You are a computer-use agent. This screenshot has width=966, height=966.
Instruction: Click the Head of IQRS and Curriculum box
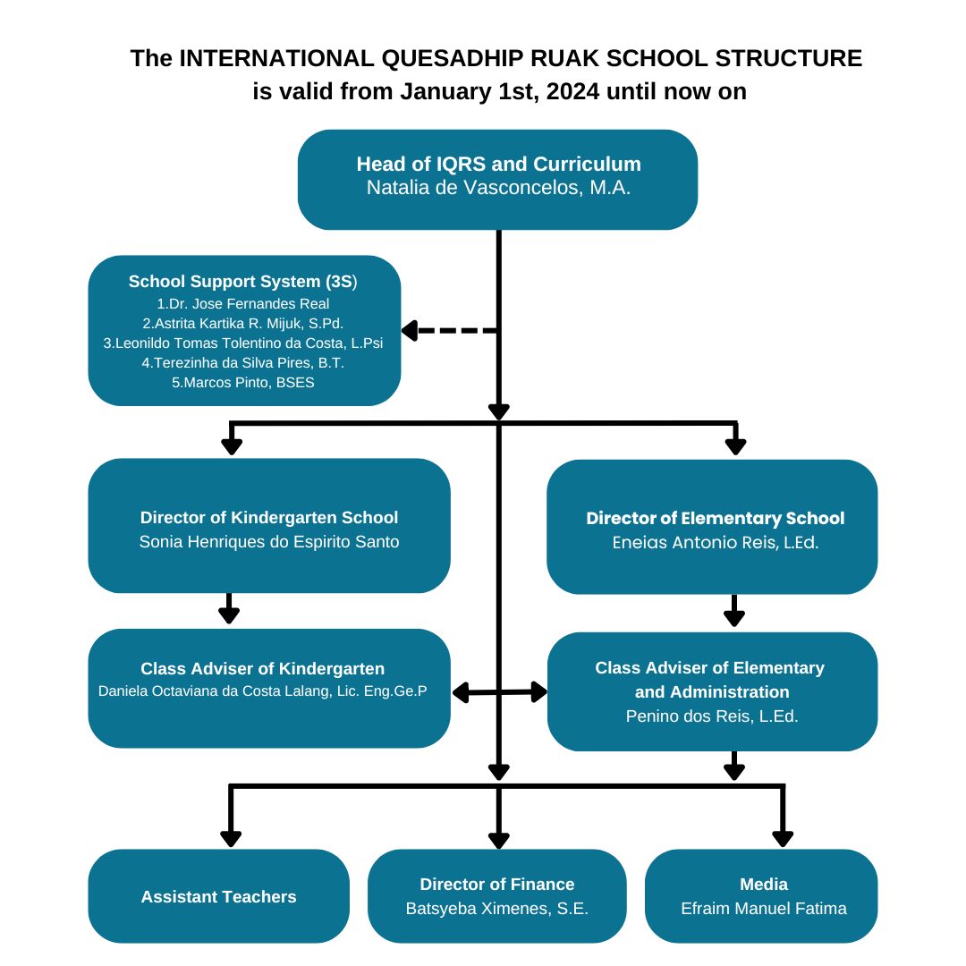pos(497,179)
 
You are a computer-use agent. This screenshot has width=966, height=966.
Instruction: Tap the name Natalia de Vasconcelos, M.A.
pos(498,189)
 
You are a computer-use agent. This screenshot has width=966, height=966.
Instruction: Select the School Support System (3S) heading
pos(243,281)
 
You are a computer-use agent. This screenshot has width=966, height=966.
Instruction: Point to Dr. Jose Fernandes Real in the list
pos(243,303)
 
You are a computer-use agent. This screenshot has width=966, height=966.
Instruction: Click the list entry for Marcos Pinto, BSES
pos(243,382)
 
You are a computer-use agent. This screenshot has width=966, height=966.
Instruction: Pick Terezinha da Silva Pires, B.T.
pos(243,362)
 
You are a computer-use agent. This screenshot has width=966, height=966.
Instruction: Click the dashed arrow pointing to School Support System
pos(447,331)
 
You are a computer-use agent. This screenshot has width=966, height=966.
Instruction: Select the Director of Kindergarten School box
pos(268,526)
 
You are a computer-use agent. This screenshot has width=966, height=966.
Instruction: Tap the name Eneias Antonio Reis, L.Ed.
pos(715,542)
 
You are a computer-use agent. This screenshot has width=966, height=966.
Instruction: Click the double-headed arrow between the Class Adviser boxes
pos(499,691)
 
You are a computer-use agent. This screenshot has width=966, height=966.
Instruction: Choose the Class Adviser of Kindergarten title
pos(263,668)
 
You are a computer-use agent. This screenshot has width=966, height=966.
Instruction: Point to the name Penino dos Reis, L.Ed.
pos(711,716)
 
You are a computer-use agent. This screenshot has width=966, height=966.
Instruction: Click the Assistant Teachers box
pos(218,896)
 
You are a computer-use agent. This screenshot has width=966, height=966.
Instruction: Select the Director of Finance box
pos(497,895)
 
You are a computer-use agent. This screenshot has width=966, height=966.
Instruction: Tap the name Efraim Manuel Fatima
pos(763,908)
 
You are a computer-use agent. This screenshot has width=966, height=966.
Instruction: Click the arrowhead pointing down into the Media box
pos(783,838)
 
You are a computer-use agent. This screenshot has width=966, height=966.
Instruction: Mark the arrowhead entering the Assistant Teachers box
pos(231,838)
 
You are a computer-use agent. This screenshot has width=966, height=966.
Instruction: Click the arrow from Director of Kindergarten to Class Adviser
pos(230,610)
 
